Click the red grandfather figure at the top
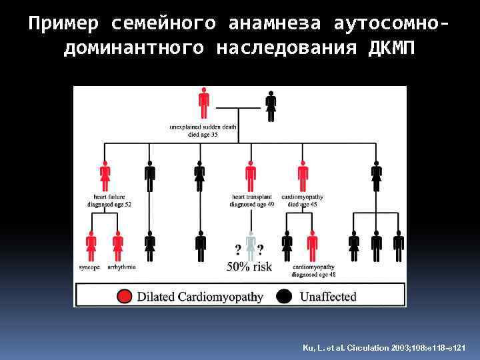[x=204, y=105]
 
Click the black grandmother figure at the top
[x=271, y=105]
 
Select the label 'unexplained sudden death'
[x=203, y=127]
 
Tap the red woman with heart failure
[x=105, y=177]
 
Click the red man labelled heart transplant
[x=251, y=177]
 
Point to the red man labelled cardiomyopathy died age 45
[x=303, y=177]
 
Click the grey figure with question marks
[x=250, y=245]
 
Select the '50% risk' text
[x=249, y=267]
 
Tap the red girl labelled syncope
[x=91, y=245]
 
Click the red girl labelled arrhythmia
[x=118, y=245]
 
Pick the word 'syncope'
[x=89, y=267]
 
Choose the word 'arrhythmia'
[x=121, y=267]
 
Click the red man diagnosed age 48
[x=312, y=245]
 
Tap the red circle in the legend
[x=124, y=296]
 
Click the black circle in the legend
[x=285, y=296]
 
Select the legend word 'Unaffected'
[x=328, y=296]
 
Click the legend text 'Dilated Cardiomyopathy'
[x=200, y=296]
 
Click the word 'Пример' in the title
[x=64, y=24]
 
